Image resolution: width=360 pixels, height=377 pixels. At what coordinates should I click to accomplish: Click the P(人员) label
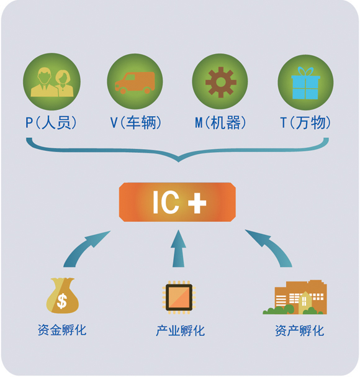coord(51,122)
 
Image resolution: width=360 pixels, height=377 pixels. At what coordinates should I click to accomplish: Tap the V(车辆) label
coord(135,122)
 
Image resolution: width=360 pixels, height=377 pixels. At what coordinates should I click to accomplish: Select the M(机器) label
coord(220,122)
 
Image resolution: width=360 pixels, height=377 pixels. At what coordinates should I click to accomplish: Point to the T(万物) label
coord(305,122)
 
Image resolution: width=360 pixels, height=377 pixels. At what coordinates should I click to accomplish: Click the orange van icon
coord(135,83)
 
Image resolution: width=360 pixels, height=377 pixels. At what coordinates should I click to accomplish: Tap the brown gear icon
coord(221,82)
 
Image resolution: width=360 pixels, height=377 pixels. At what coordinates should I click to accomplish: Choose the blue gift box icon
coord(305,83)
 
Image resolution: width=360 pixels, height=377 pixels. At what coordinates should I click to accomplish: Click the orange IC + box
coord(178,202)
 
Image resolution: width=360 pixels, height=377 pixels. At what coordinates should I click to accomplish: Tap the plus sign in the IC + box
coord(197,202)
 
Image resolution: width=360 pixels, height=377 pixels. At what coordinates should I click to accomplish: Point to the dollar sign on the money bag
coord(62,301)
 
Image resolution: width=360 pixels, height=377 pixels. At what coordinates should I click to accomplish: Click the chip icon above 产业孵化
coord(179,297)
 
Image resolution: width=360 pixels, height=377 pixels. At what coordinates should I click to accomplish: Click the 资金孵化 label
coord(62,330)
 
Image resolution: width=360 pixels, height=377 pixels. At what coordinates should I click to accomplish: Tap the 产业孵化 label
coord(181,330)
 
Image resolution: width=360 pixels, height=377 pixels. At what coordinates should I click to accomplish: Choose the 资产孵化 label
coord(299,330)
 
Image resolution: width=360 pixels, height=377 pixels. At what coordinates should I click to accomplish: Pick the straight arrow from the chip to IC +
coord(178,248)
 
